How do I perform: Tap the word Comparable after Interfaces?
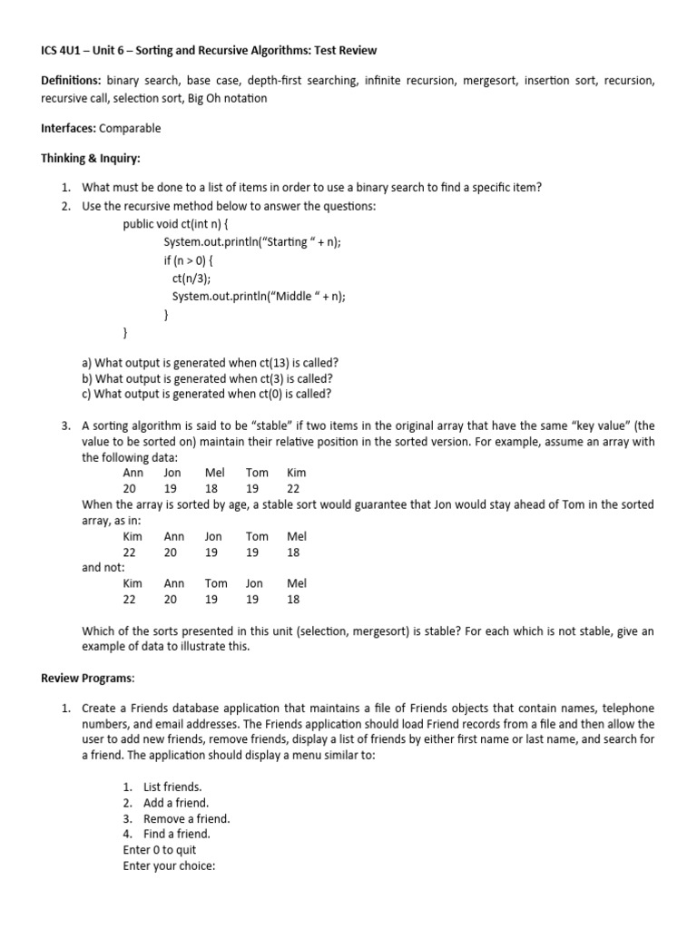(x=130, y=128)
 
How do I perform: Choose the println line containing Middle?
(x=259, y=296)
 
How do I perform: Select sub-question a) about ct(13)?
(x=210, y=361)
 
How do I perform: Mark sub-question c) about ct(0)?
(x=206, y=394)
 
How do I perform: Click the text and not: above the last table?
(x=103, y=567)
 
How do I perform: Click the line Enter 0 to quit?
(x=160, y=849)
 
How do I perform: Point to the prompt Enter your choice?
(x=169, y=865)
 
